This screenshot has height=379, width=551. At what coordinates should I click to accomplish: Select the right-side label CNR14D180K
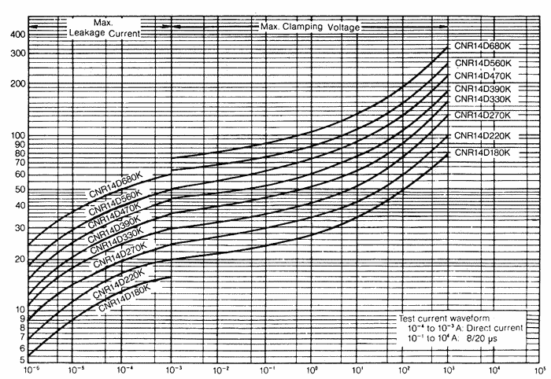482,151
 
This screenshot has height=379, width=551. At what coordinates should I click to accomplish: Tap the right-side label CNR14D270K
482,115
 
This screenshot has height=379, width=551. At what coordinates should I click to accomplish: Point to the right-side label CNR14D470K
482,75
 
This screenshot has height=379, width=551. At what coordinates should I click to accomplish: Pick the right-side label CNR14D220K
482,135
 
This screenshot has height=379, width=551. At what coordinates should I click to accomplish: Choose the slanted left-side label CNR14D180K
124,297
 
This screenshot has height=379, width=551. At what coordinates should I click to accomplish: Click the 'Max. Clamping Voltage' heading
309,28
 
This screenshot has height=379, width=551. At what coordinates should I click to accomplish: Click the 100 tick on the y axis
15,136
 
